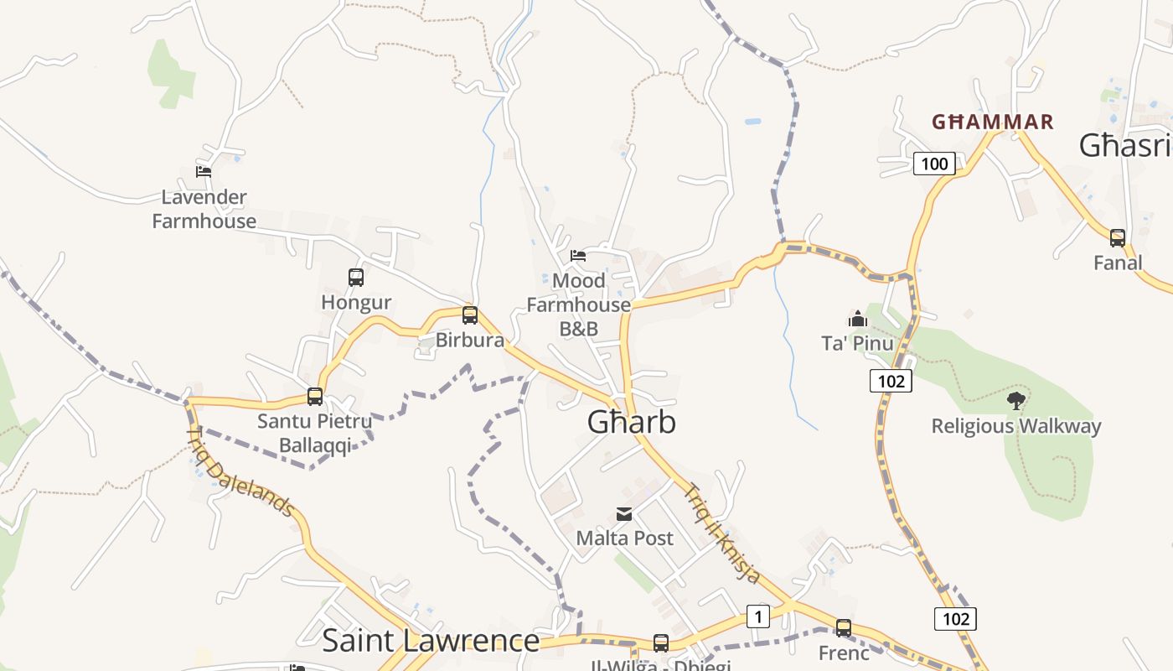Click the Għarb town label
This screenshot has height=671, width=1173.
631,422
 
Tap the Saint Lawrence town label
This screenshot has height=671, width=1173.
431,641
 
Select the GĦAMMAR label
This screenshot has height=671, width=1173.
992,122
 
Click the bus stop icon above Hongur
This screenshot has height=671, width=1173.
356,278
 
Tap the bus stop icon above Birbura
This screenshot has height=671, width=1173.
470,315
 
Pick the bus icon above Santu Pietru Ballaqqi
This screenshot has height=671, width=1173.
315,397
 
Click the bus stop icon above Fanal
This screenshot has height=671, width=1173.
1118,238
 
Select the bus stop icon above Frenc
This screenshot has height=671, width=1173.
844,627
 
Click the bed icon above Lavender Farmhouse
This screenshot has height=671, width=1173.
204,172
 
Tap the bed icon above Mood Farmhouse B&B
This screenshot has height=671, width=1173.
578,255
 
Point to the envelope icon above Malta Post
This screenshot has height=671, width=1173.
624,514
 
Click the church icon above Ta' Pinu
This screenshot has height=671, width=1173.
857,319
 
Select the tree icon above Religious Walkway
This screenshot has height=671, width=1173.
1016,400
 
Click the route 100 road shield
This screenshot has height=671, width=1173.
934,164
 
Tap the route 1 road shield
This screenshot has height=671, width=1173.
757,617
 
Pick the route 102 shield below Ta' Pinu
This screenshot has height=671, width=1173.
890,382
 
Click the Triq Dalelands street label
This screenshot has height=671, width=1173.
240,472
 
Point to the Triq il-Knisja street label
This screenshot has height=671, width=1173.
723,533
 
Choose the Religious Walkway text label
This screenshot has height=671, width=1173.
1016,426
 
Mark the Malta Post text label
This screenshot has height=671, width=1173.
624,538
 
